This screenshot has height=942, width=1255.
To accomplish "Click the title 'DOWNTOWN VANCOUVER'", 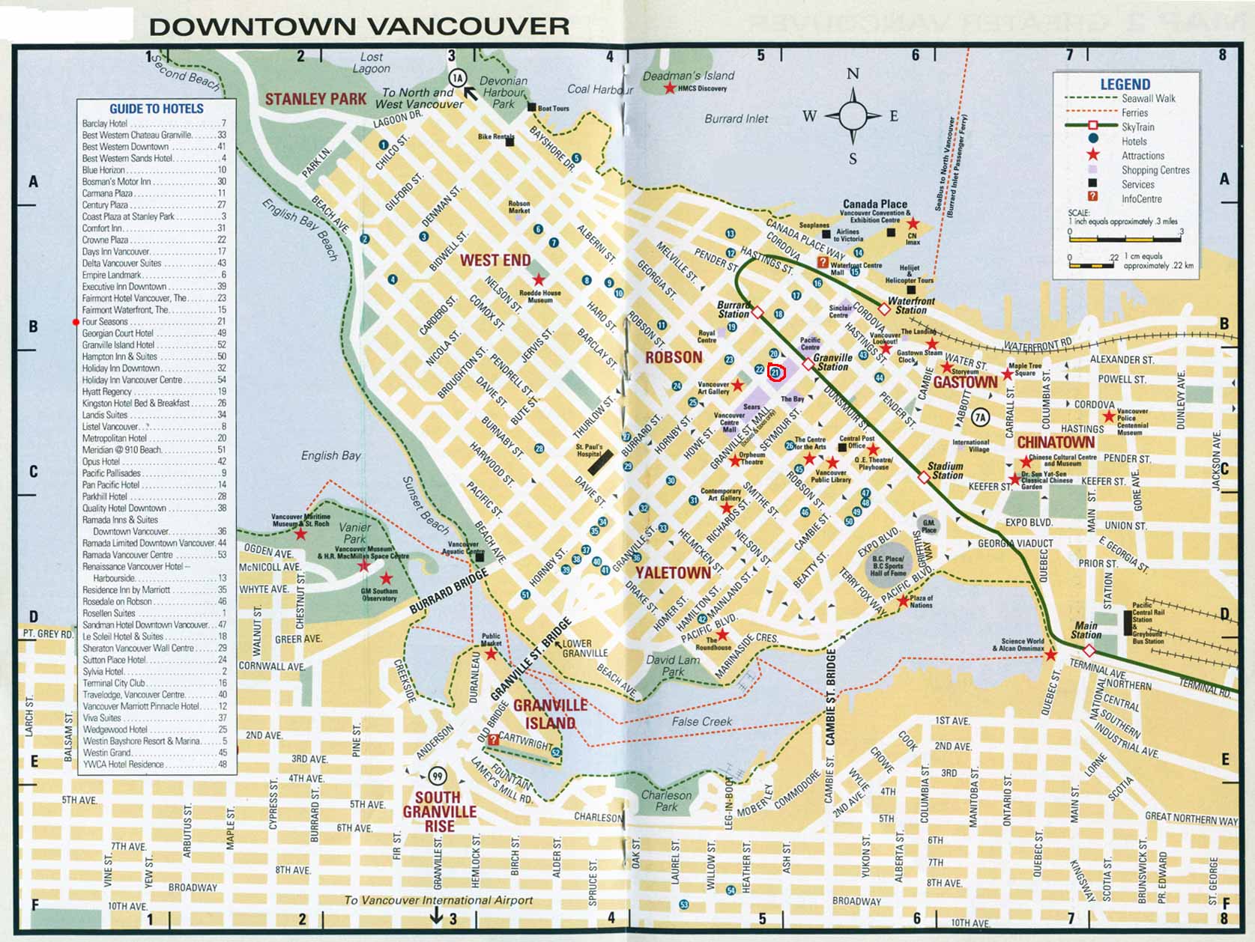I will click(359, 26).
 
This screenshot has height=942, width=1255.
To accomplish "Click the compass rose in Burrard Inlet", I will click(853, 116).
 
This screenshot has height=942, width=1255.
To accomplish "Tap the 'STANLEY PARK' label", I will click(315, 99).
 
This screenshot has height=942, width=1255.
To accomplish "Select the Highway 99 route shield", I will click(437, 776).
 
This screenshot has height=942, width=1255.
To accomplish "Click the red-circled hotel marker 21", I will click(776, 372).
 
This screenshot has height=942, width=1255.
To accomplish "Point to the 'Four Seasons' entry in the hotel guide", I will click(105, 322).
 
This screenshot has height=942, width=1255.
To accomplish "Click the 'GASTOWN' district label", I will click(965, 383).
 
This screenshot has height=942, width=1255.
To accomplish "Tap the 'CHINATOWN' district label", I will click(1055, 443).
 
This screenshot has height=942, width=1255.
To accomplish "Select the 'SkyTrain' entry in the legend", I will click(1137, 127).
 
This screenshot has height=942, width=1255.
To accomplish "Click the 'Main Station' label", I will click(1085, 630).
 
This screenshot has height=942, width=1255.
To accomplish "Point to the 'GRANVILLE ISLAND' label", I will click(550, 714).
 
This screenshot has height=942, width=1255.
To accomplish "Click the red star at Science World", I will click(1050, 655).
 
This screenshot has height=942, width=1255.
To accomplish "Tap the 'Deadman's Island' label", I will click(688, 76).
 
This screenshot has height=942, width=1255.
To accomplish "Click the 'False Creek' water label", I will click(701, 722).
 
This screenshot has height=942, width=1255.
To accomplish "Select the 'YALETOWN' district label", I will click(673, 574).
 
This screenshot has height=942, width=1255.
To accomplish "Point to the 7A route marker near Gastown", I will click(980, 417).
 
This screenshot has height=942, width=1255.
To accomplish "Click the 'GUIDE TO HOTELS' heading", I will click(156, 109).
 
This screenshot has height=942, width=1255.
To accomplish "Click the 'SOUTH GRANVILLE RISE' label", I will click(439, 812).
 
